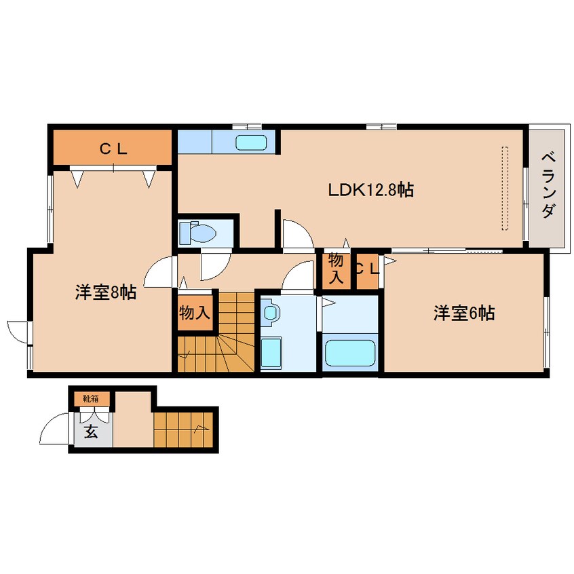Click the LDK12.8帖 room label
(370, 190)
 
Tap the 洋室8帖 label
(105, 292)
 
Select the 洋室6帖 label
(464, 313)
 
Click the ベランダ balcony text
(548, 185)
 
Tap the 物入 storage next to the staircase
(194, 313)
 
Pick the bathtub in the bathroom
(350, 353)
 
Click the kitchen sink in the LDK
(252, 142)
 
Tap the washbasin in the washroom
(272, 313)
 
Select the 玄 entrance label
(90, 432)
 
